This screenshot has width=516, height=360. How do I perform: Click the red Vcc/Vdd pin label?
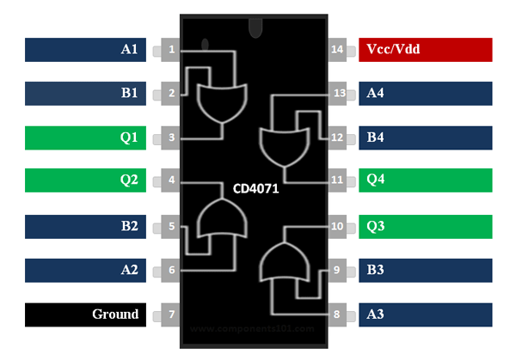tap(425, 50)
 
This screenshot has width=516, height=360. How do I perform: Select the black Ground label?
tap(86, 314)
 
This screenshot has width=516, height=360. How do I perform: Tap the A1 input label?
tap(86, 50)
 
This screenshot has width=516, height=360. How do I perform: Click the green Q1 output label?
tap(86, 137)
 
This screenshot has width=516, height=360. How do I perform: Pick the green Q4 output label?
tap(425, 180)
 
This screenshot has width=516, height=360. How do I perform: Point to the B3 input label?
tap(425, 270)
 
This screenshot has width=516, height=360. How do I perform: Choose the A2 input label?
tap(86, 270)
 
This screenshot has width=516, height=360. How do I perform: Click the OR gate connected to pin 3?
tap(221, 104)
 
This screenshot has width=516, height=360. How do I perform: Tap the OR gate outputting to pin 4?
tap(221, 217)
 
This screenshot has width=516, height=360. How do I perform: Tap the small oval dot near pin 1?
tap(205, 43)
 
